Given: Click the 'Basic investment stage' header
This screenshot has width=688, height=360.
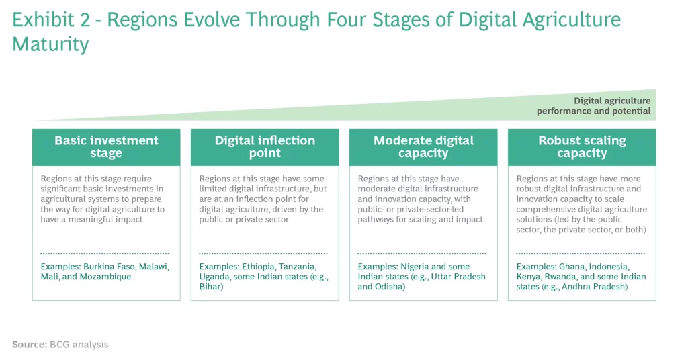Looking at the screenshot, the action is [106, 147].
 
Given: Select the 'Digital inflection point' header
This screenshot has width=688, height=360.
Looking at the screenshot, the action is [265, 147].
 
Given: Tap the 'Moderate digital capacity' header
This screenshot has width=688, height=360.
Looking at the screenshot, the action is [423, 147].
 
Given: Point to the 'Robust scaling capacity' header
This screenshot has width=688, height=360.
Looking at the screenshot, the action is [582, 147].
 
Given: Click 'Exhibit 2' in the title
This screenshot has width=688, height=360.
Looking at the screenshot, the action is [51, 20].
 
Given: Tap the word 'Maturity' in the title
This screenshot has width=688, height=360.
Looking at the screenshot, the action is [50, 45].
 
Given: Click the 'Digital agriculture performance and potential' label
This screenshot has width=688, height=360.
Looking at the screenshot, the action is [594, 105].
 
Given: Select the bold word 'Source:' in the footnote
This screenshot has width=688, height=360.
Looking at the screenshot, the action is [30, 344].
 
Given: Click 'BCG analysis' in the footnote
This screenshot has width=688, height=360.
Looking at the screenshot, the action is [79, 344].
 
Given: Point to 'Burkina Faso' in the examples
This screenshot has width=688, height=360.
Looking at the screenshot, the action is [110, 267].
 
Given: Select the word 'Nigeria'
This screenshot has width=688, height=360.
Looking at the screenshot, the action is [415, 267].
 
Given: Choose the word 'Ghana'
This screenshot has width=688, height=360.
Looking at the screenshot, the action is [572, 267].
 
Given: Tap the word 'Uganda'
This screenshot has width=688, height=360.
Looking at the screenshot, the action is [214, 277].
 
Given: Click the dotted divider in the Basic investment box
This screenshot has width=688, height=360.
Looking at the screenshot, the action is [104, 253].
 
